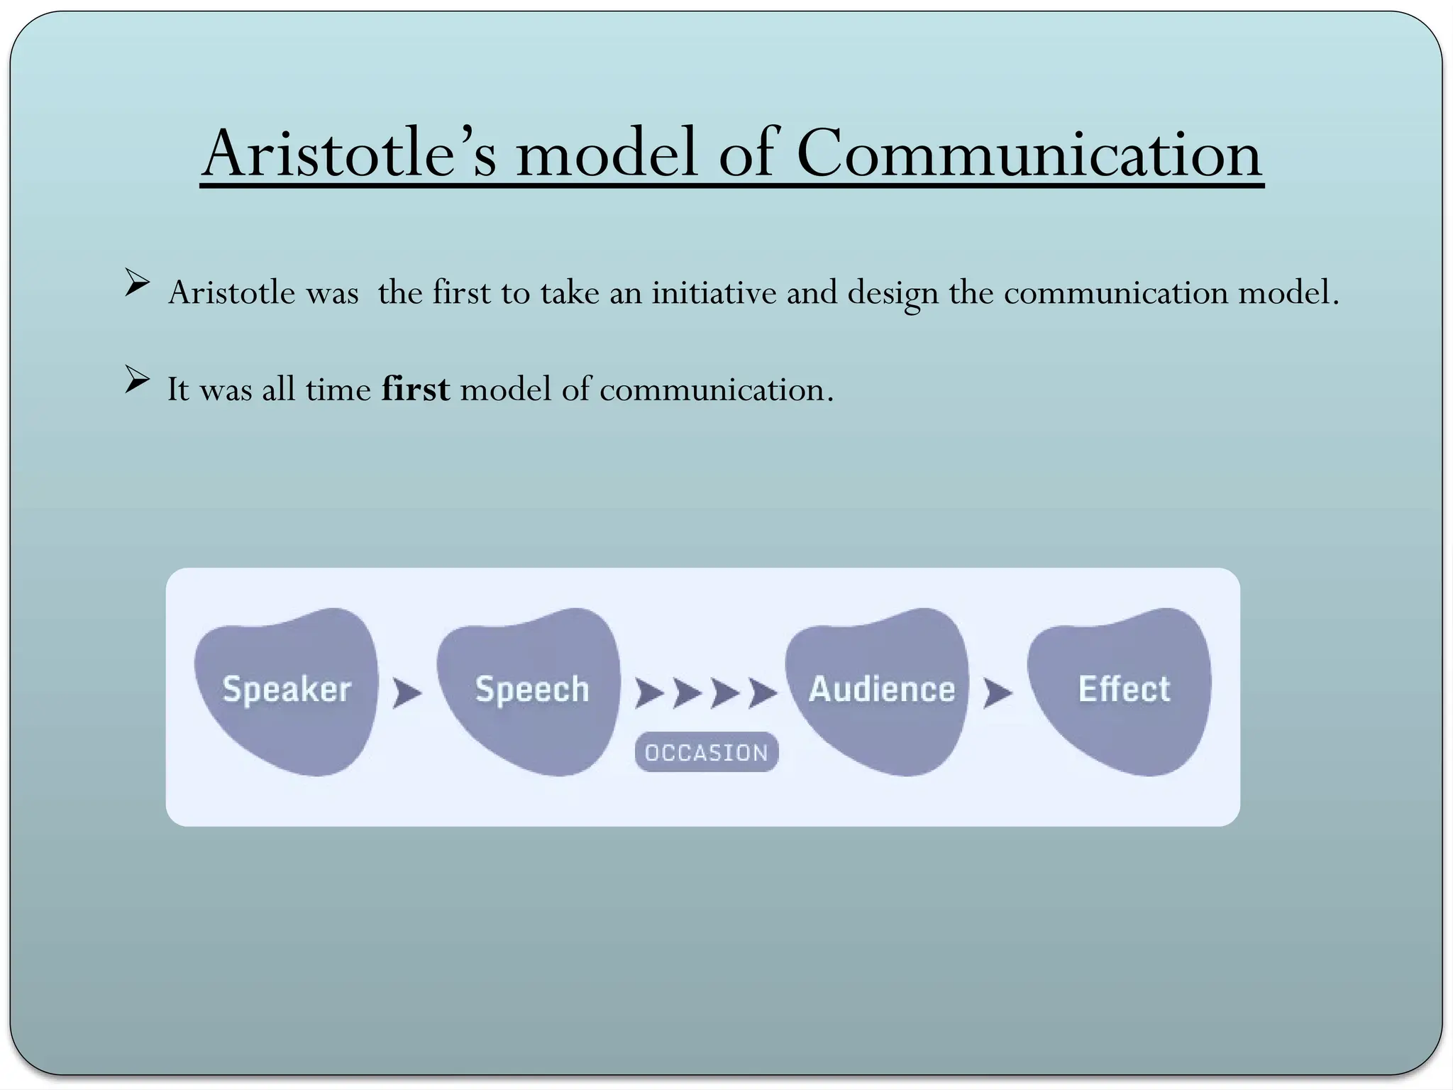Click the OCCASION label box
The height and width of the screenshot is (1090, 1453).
coord(707,752)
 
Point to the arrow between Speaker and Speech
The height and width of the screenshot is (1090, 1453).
coord(407,693)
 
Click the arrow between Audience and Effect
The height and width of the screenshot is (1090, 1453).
coord(998,693)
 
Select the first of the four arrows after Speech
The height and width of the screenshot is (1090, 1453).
coord(648,693)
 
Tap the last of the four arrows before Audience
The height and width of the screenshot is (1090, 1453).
coord(763,693)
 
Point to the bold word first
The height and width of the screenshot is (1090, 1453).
coord(415,389)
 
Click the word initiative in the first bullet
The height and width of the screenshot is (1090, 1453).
coord(714,292)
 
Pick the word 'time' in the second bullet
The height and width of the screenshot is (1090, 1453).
coord(338,389)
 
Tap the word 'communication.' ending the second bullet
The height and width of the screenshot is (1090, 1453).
coord(717,389)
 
